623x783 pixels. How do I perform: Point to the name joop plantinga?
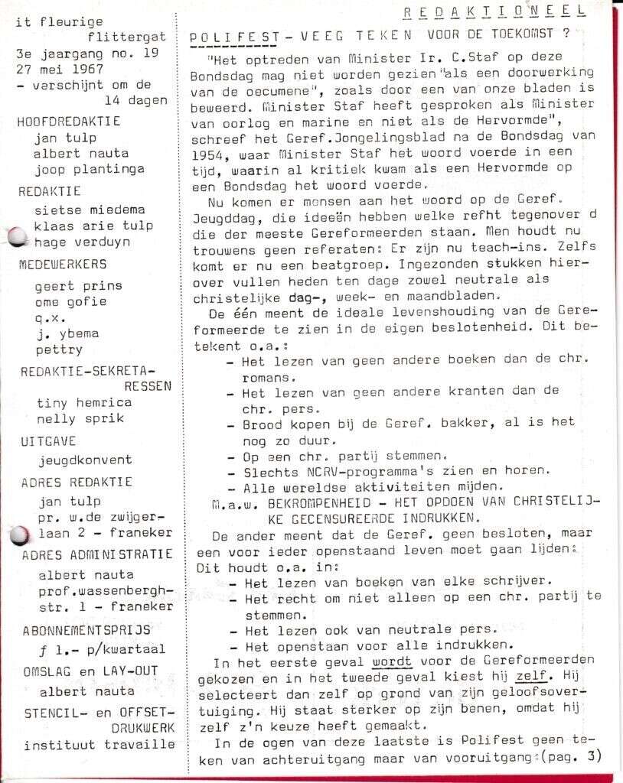pyautogui.click(x=83, y=170)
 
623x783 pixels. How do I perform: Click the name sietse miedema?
pyautogui.click(x=90, y=210)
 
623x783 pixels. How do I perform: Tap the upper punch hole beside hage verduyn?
pyautogui.click(x=15, y=238)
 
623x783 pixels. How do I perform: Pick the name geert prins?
pyautogui.click(x=78, y=286)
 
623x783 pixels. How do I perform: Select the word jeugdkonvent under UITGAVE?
pyautogui.click(x=85, y=460)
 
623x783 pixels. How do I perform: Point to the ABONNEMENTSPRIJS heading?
pyautogui.click(x=86, y=631)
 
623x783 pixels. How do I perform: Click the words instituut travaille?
pyautogui.click(x=99, y=744)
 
